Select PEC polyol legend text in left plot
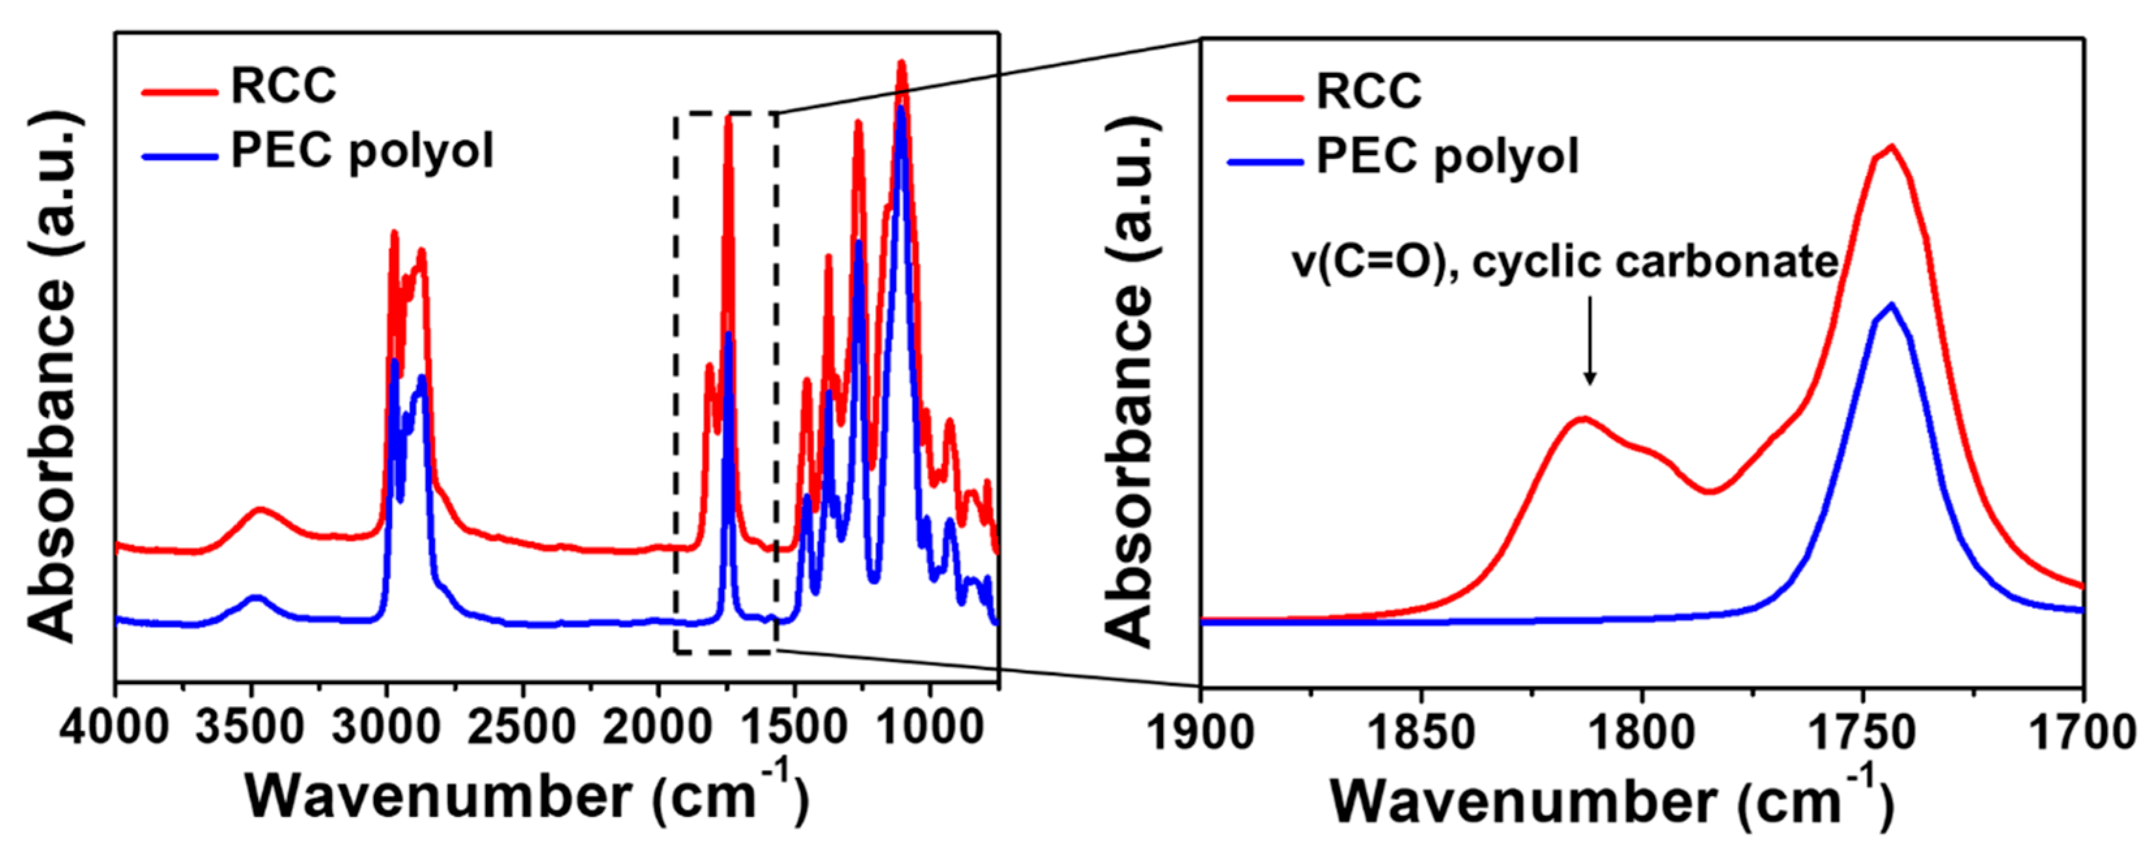coord(363,151)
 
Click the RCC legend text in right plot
coord(1369,91)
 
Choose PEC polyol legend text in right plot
coord(1447,157)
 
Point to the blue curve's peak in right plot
coord(1890,305)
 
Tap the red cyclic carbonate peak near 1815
coord(1582,418)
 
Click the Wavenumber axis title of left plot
coord(526,798)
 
